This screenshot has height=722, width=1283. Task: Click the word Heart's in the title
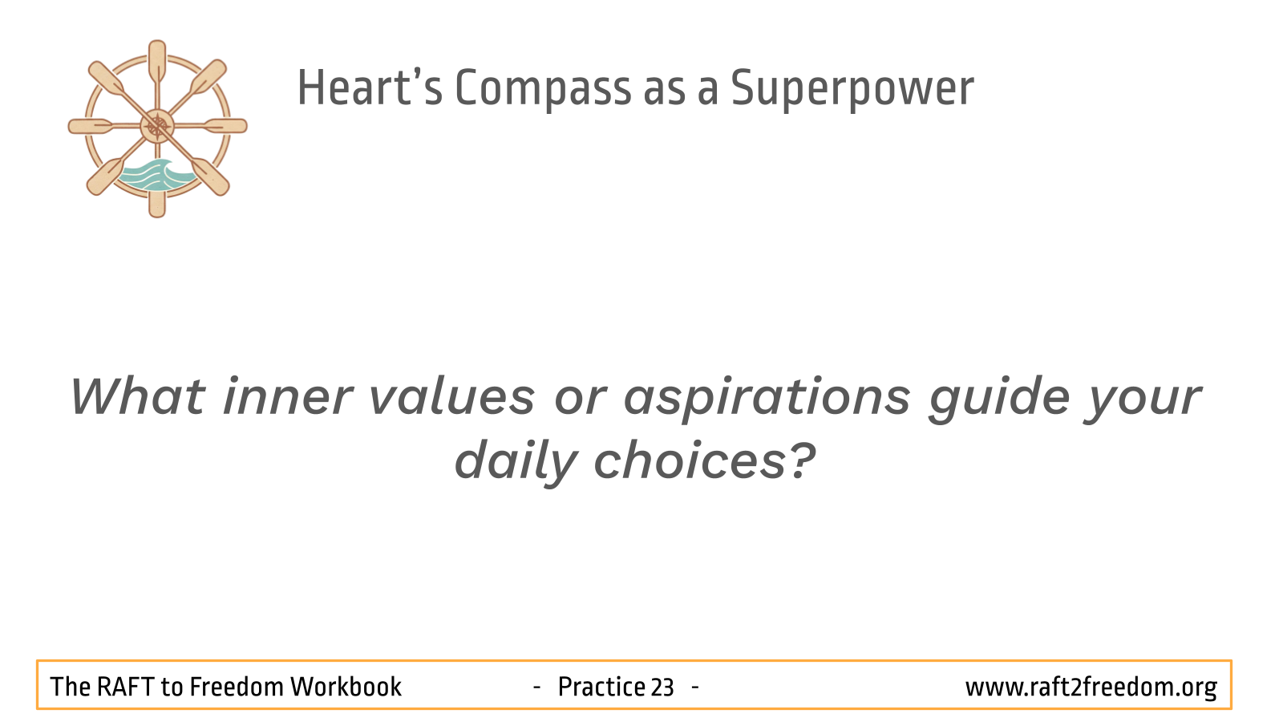point(370,87)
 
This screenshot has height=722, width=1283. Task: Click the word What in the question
point(137,396)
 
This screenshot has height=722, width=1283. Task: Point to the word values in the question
point(452,396)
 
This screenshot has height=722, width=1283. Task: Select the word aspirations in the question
point(767,399)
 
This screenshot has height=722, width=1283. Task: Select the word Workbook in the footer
point(346,687)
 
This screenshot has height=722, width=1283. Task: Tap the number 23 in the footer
point(662,688)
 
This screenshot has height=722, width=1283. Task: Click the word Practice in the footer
point(602,687)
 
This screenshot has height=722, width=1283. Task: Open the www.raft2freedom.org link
point(1091,688)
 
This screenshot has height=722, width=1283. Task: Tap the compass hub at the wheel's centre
point(157,127)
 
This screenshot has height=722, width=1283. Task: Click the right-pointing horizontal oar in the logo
point(225,126)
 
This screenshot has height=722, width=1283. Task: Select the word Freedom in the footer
point(237,687)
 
